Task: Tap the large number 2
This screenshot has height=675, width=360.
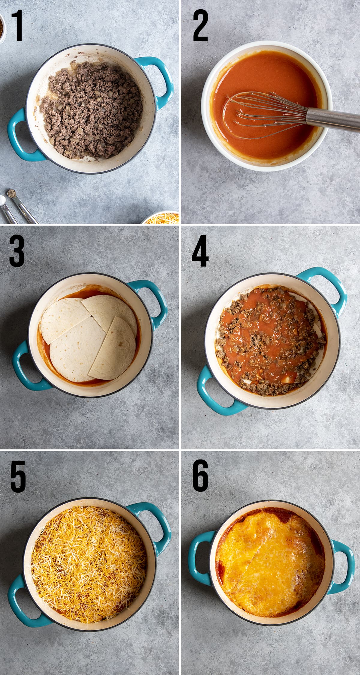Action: pyautogui.click(x=200, y=25)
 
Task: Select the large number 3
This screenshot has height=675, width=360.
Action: pyautogui.click(x=17, y=251)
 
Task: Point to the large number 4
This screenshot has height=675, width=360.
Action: pyautogui.click(x=200, y=251)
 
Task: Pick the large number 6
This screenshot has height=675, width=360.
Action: pyautogui.click(x=200, y=476)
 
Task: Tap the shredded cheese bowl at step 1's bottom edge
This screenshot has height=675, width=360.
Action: pyautogui.click(x=162, y=218)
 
